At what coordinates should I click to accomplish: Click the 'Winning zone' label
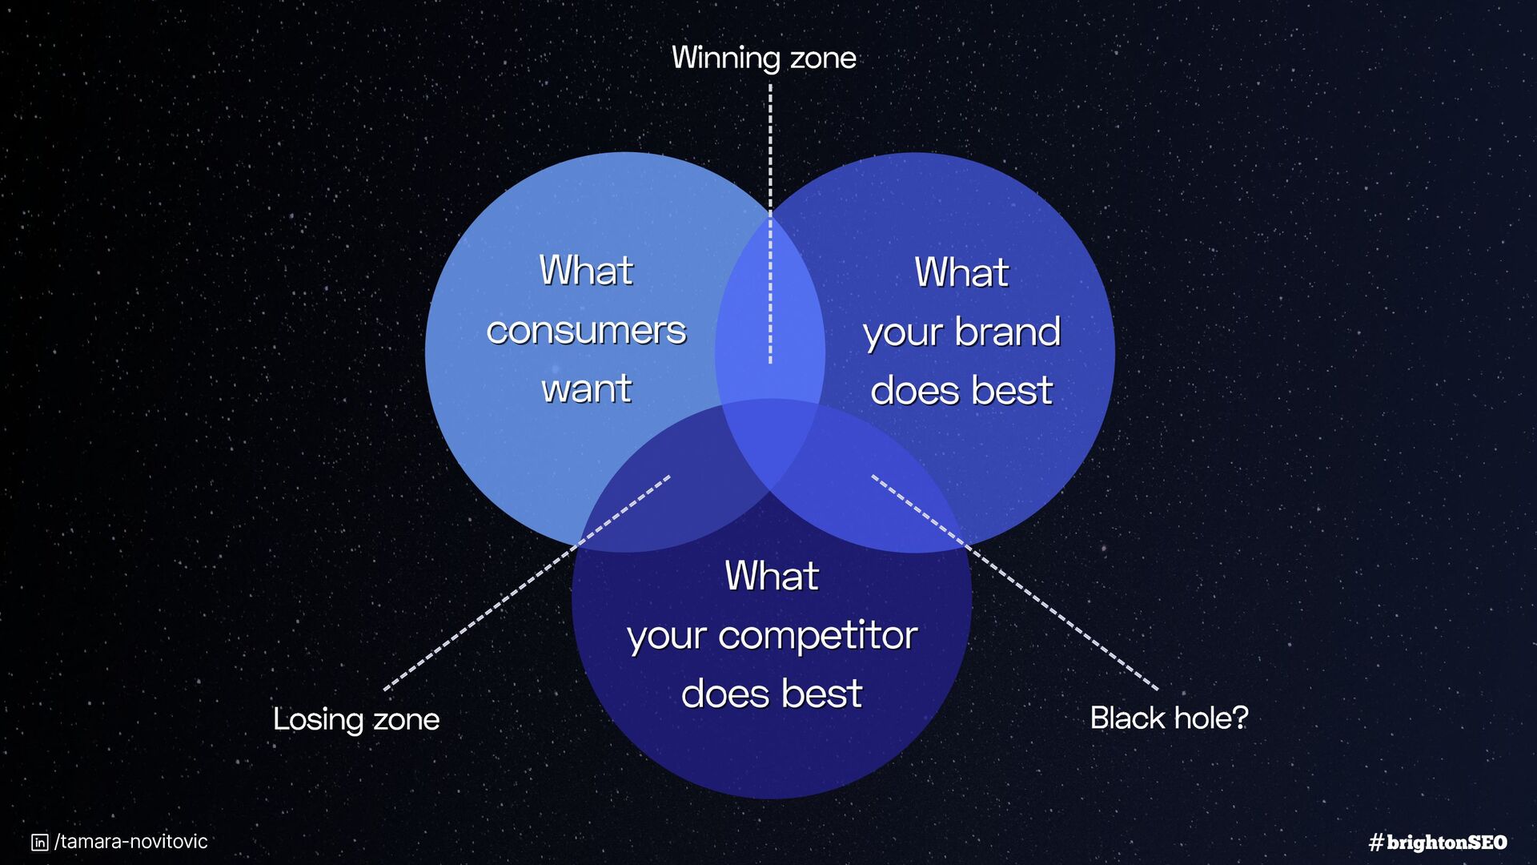763,58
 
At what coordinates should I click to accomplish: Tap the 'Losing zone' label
356,719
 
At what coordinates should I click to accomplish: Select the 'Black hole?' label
1169,718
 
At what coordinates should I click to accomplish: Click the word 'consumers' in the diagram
586,330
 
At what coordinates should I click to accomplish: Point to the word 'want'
586,389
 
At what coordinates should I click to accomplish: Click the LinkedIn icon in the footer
39,842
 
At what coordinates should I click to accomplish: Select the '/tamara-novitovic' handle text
131,842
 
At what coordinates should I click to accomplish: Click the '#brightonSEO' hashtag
1438,842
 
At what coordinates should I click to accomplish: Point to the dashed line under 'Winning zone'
770,224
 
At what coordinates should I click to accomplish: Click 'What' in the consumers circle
586,270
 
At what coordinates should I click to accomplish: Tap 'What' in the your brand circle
961,272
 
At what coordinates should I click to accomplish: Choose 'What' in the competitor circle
772,576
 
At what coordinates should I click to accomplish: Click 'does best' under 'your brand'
961,391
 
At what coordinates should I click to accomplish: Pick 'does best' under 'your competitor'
772,694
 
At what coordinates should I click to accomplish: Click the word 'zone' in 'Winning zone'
823,58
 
